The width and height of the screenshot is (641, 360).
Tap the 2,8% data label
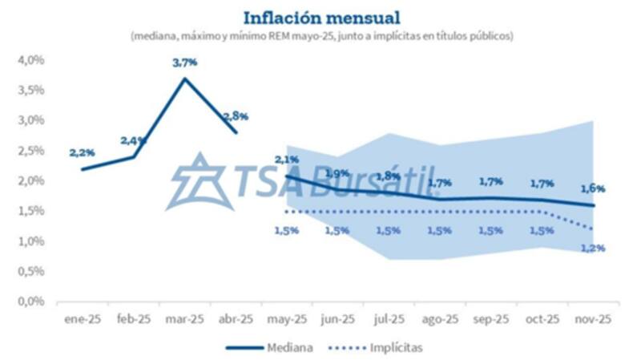point(236,116)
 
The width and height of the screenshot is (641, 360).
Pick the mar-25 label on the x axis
point(184,319)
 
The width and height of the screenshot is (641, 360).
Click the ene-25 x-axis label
point(82,319)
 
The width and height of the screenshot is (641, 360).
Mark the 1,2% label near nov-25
point(594,249)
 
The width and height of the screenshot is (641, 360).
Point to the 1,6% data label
point(594,189)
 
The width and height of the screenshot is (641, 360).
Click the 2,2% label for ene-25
point(82,152)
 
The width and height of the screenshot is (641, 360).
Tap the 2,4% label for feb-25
point(133,140)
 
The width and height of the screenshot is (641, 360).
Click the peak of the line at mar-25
point(184,78)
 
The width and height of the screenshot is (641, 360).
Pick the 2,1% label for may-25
point(286,160)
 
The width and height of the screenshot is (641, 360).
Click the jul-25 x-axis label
point(389,319)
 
